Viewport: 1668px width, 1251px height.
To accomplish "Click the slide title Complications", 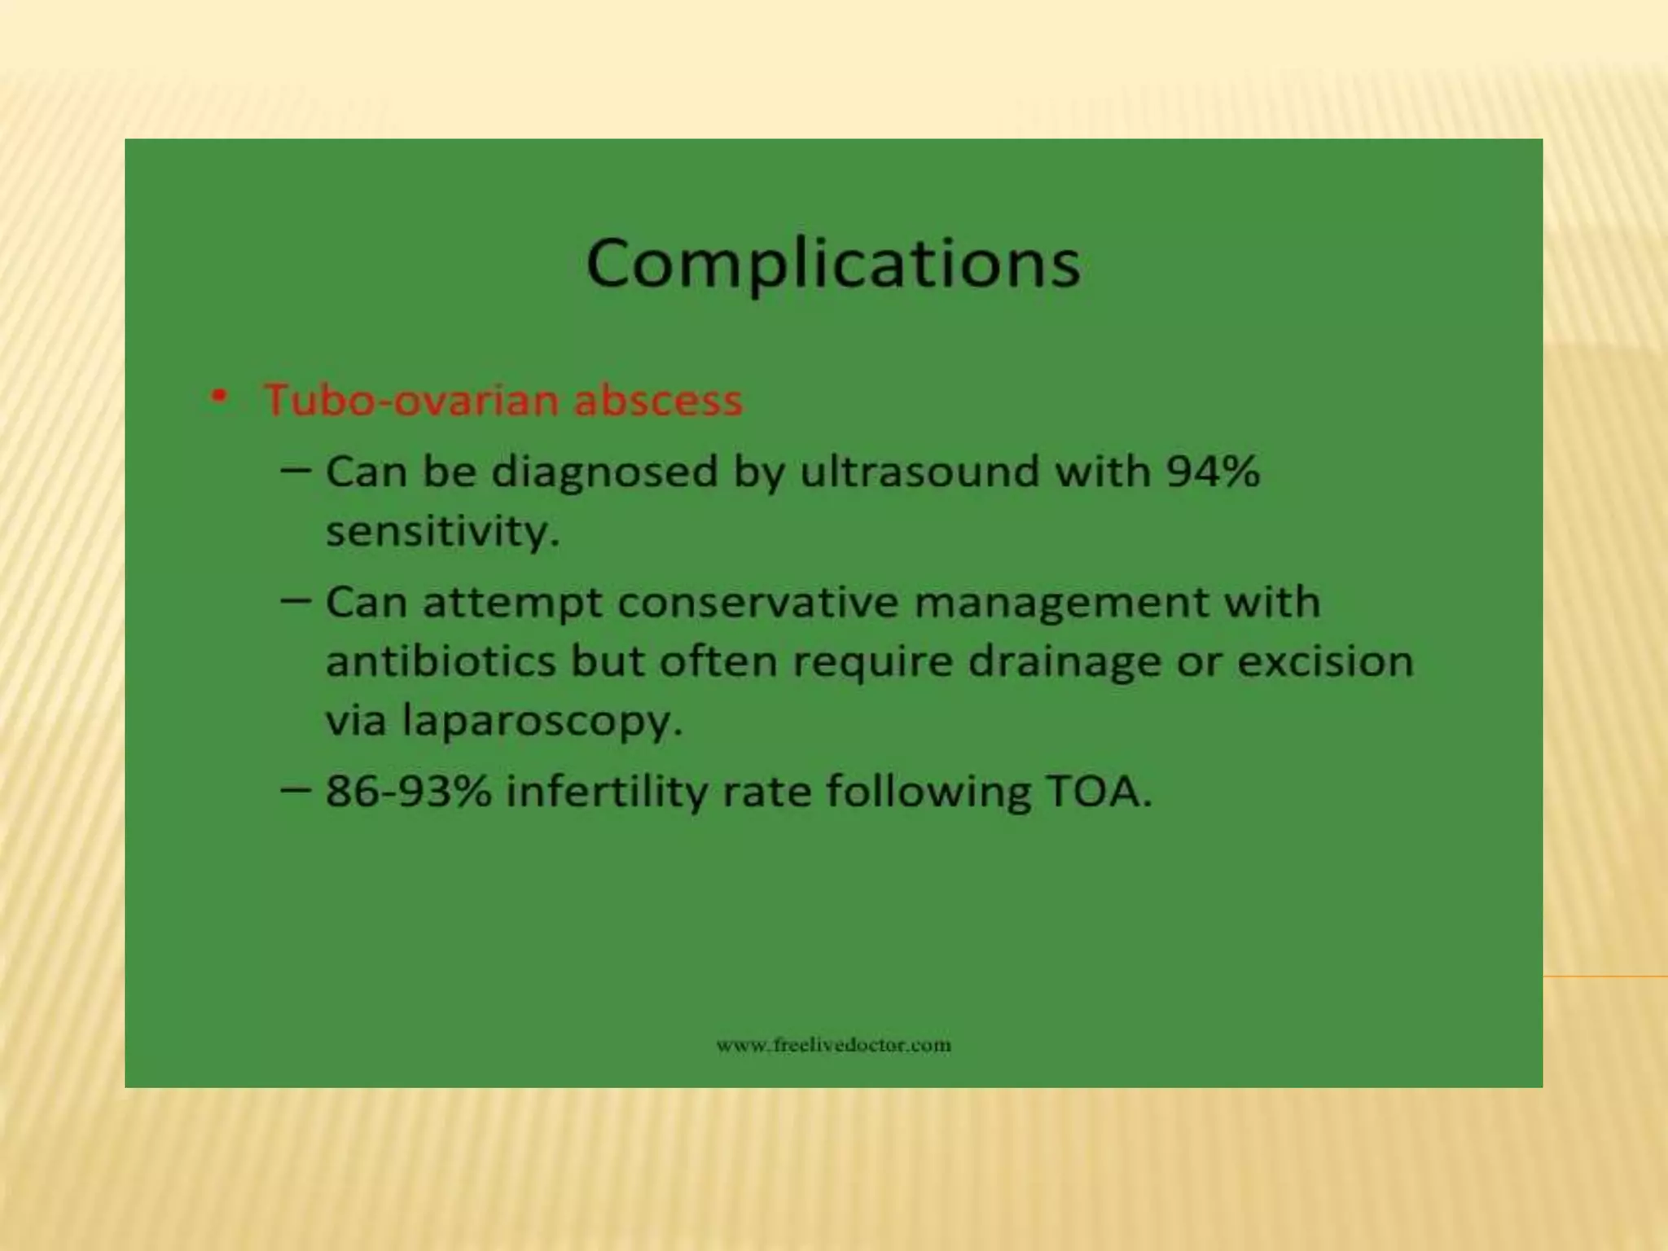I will (x=833, y=262).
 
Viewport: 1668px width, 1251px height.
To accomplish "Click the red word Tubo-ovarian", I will (x=414, y=400).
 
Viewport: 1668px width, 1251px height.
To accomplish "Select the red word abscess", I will (x=658, y=400).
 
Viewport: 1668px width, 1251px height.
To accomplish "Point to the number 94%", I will (x=1213, y=472).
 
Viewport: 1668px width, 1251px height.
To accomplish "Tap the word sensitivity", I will (x=442, y=532).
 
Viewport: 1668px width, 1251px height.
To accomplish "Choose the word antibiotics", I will (x=441, y=661).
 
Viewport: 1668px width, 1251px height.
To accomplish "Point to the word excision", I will (x=1325, y=661).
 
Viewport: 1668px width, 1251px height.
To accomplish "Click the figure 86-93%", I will (x=408, y=791).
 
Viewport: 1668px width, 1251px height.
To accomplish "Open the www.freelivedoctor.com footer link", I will (x=833, y=1045).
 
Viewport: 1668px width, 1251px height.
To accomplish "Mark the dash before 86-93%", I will (x=295, y=789).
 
